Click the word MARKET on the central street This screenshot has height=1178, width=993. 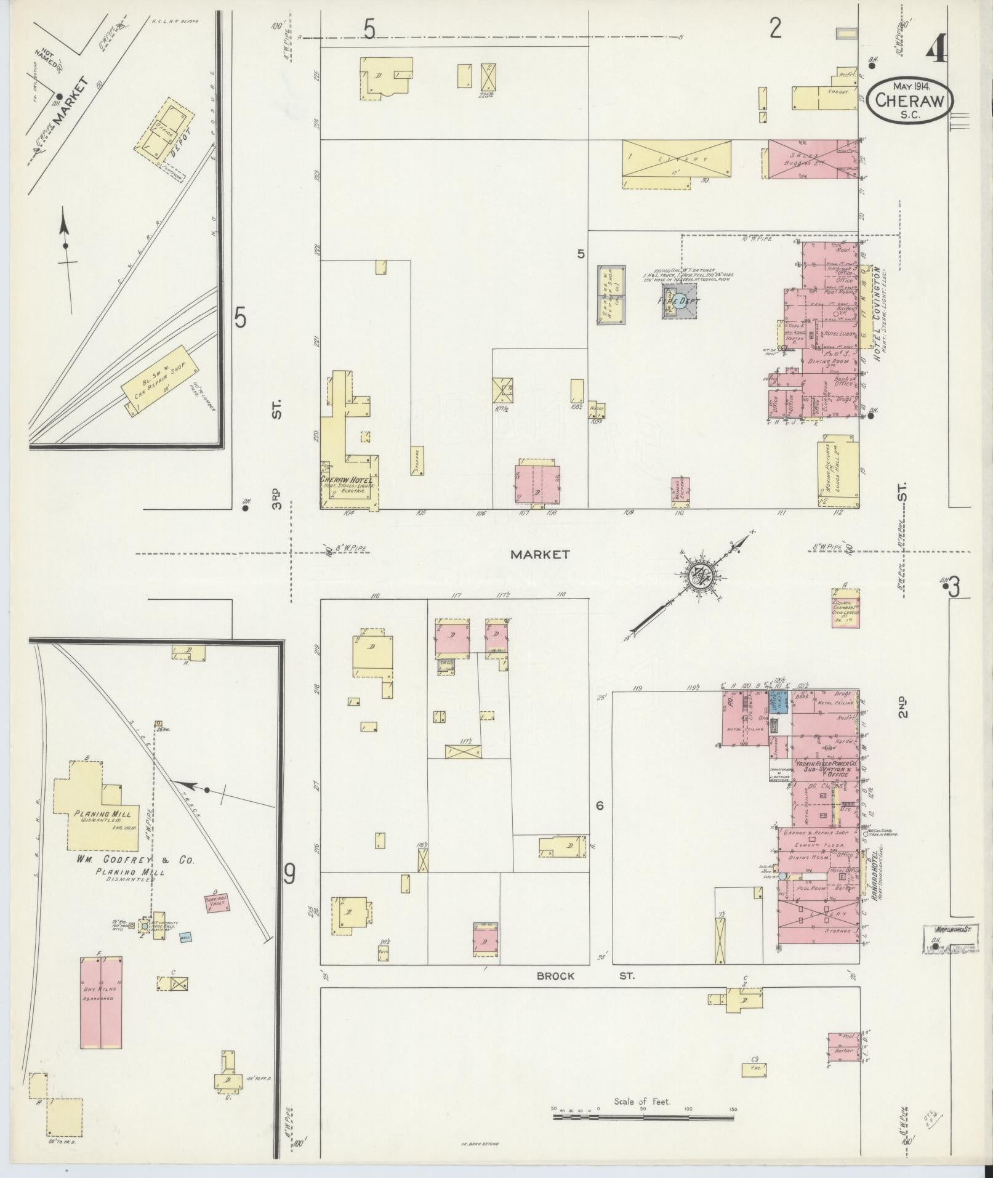(x=540, y=554)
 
